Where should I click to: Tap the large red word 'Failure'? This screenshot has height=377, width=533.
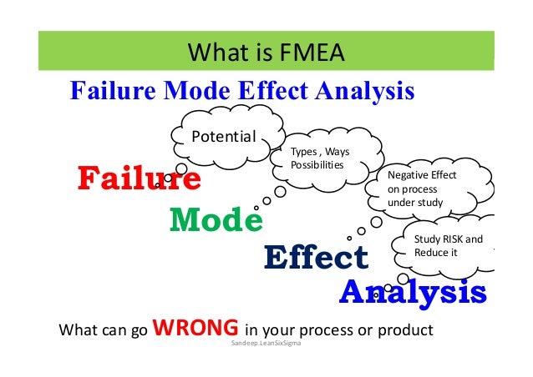click(139, 178)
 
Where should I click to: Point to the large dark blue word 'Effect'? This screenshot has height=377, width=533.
click(315, 258)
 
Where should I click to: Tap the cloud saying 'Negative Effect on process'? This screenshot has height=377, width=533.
click(428, 188)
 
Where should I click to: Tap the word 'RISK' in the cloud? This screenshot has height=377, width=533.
click(449, 239)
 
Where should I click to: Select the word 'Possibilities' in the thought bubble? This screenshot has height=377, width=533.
click(317, 164)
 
